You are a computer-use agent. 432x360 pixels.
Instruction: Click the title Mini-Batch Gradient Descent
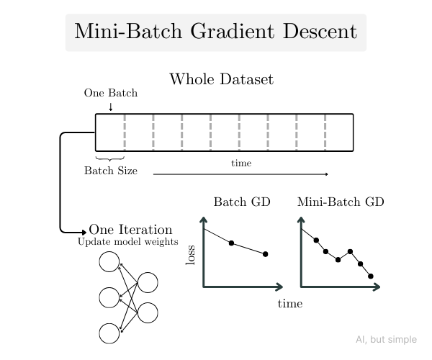click(x=216, y=32)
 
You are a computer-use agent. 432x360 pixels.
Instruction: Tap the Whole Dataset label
click(x=221, y=79)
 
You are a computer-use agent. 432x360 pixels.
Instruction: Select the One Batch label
click(x=111, y=93)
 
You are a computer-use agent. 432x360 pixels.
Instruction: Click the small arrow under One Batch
click(x=111, y=107)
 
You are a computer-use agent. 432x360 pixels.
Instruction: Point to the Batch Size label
click(x=111, y=171)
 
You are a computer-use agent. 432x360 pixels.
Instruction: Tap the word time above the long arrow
click(x=241, y=163)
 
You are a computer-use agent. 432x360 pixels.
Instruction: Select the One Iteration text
click(x=130, y=230)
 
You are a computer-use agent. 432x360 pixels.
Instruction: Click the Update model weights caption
click(x=128, y=241)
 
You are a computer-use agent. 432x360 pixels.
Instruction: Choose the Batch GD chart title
click(x=242, y=202)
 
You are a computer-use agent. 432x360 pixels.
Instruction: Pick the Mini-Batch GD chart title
click(x=341, y=202)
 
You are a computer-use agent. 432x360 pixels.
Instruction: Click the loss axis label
click(x=191, y=255)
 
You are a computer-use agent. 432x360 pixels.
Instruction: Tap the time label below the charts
click(x=290, y=304)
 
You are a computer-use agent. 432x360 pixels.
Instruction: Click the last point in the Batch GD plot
click(x=265, y=254)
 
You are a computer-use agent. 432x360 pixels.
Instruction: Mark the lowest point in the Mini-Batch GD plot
click(x=371, y=276)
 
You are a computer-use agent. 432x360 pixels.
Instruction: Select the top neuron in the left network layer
click(x=109, y=261)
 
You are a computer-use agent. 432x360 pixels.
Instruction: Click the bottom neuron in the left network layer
click(x=109, y=333)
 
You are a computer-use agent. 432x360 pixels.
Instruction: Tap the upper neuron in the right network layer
click(x=148, y=282)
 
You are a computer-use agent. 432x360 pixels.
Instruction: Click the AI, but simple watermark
click(x=387, y=339)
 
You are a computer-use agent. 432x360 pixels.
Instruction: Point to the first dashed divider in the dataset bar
click(x=125, y=132)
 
